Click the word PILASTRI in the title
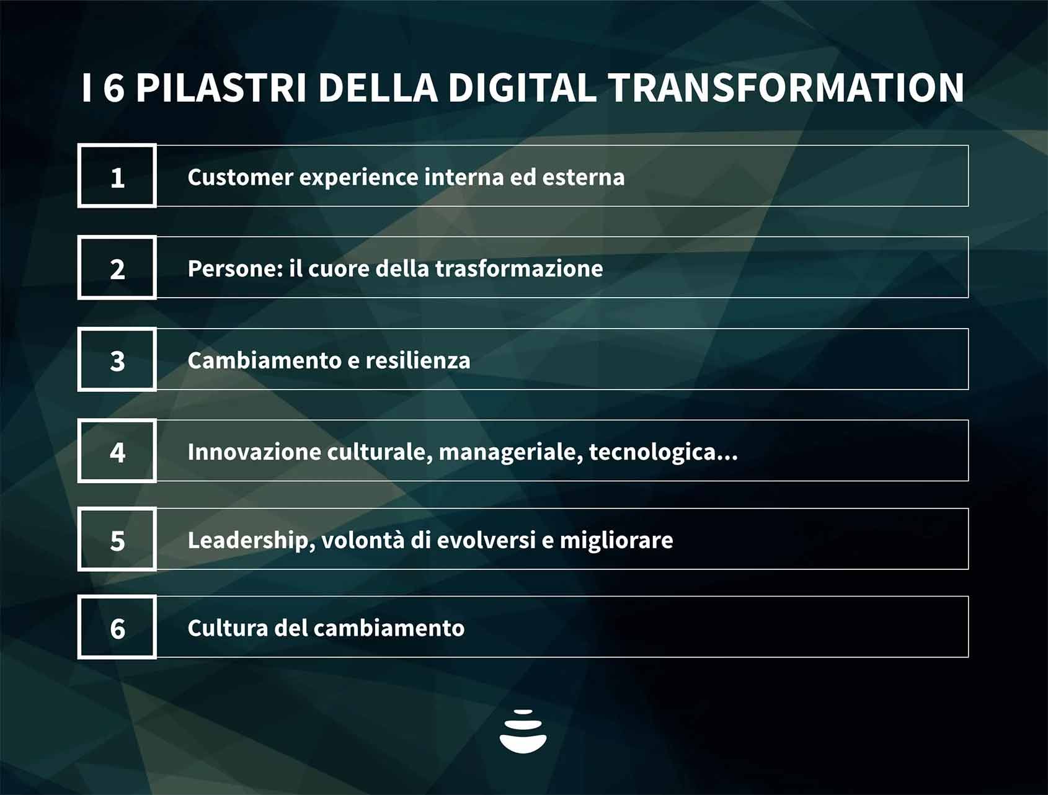point(221,87)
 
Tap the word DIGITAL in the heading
point(522,87)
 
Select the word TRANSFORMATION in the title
point(786,87)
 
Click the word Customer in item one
point(241,177)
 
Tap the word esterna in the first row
point(584,177)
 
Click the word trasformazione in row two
point(519,269)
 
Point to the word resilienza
point(418,360)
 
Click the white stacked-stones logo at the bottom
point(523,731)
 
